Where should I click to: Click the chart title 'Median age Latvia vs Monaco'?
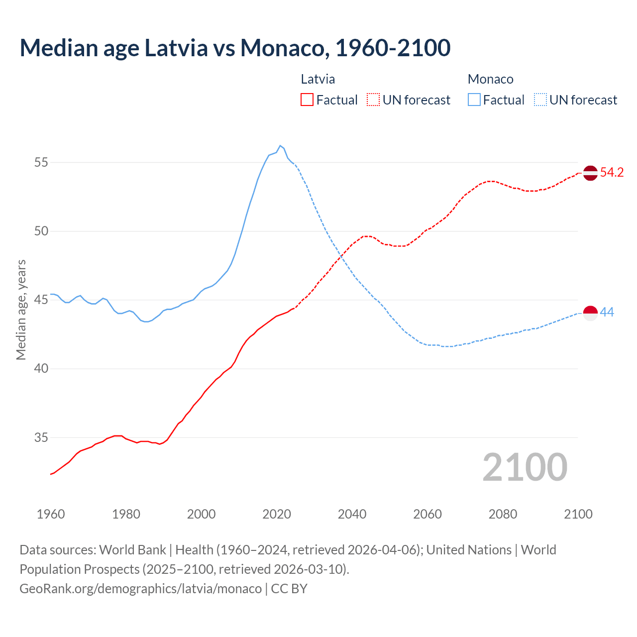click(x=235, y=48)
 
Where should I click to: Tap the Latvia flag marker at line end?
click(x=590, y=173)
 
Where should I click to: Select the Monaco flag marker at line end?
click(x=590, y=313)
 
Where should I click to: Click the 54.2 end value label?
click(x=612, y=173)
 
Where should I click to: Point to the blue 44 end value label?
click(x=607, y=313)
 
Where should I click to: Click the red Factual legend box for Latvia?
click(x=307, y=100)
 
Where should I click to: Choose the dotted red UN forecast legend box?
click(x=373, y=100)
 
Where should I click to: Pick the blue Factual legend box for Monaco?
click(x=474, y=100)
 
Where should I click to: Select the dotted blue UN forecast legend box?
click(x=540, y=100)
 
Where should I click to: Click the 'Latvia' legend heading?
click(x=318, y=79)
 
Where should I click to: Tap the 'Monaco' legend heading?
click(x=490, y=79)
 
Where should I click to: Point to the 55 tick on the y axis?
click(x=41, y=163)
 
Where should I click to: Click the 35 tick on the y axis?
click(x=41, y=438)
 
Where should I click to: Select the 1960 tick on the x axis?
click(x=51, y=514)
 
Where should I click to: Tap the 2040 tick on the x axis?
click(x=352, y=514)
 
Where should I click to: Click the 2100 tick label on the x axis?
click(x=578, y=514)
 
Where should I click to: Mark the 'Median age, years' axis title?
click(x=21, y=310)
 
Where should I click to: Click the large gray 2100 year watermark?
click(x=525, y=467)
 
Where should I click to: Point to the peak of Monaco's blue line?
click(x=280, y=146)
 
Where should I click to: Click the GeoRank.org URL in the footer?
click(x=140, y=589)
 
